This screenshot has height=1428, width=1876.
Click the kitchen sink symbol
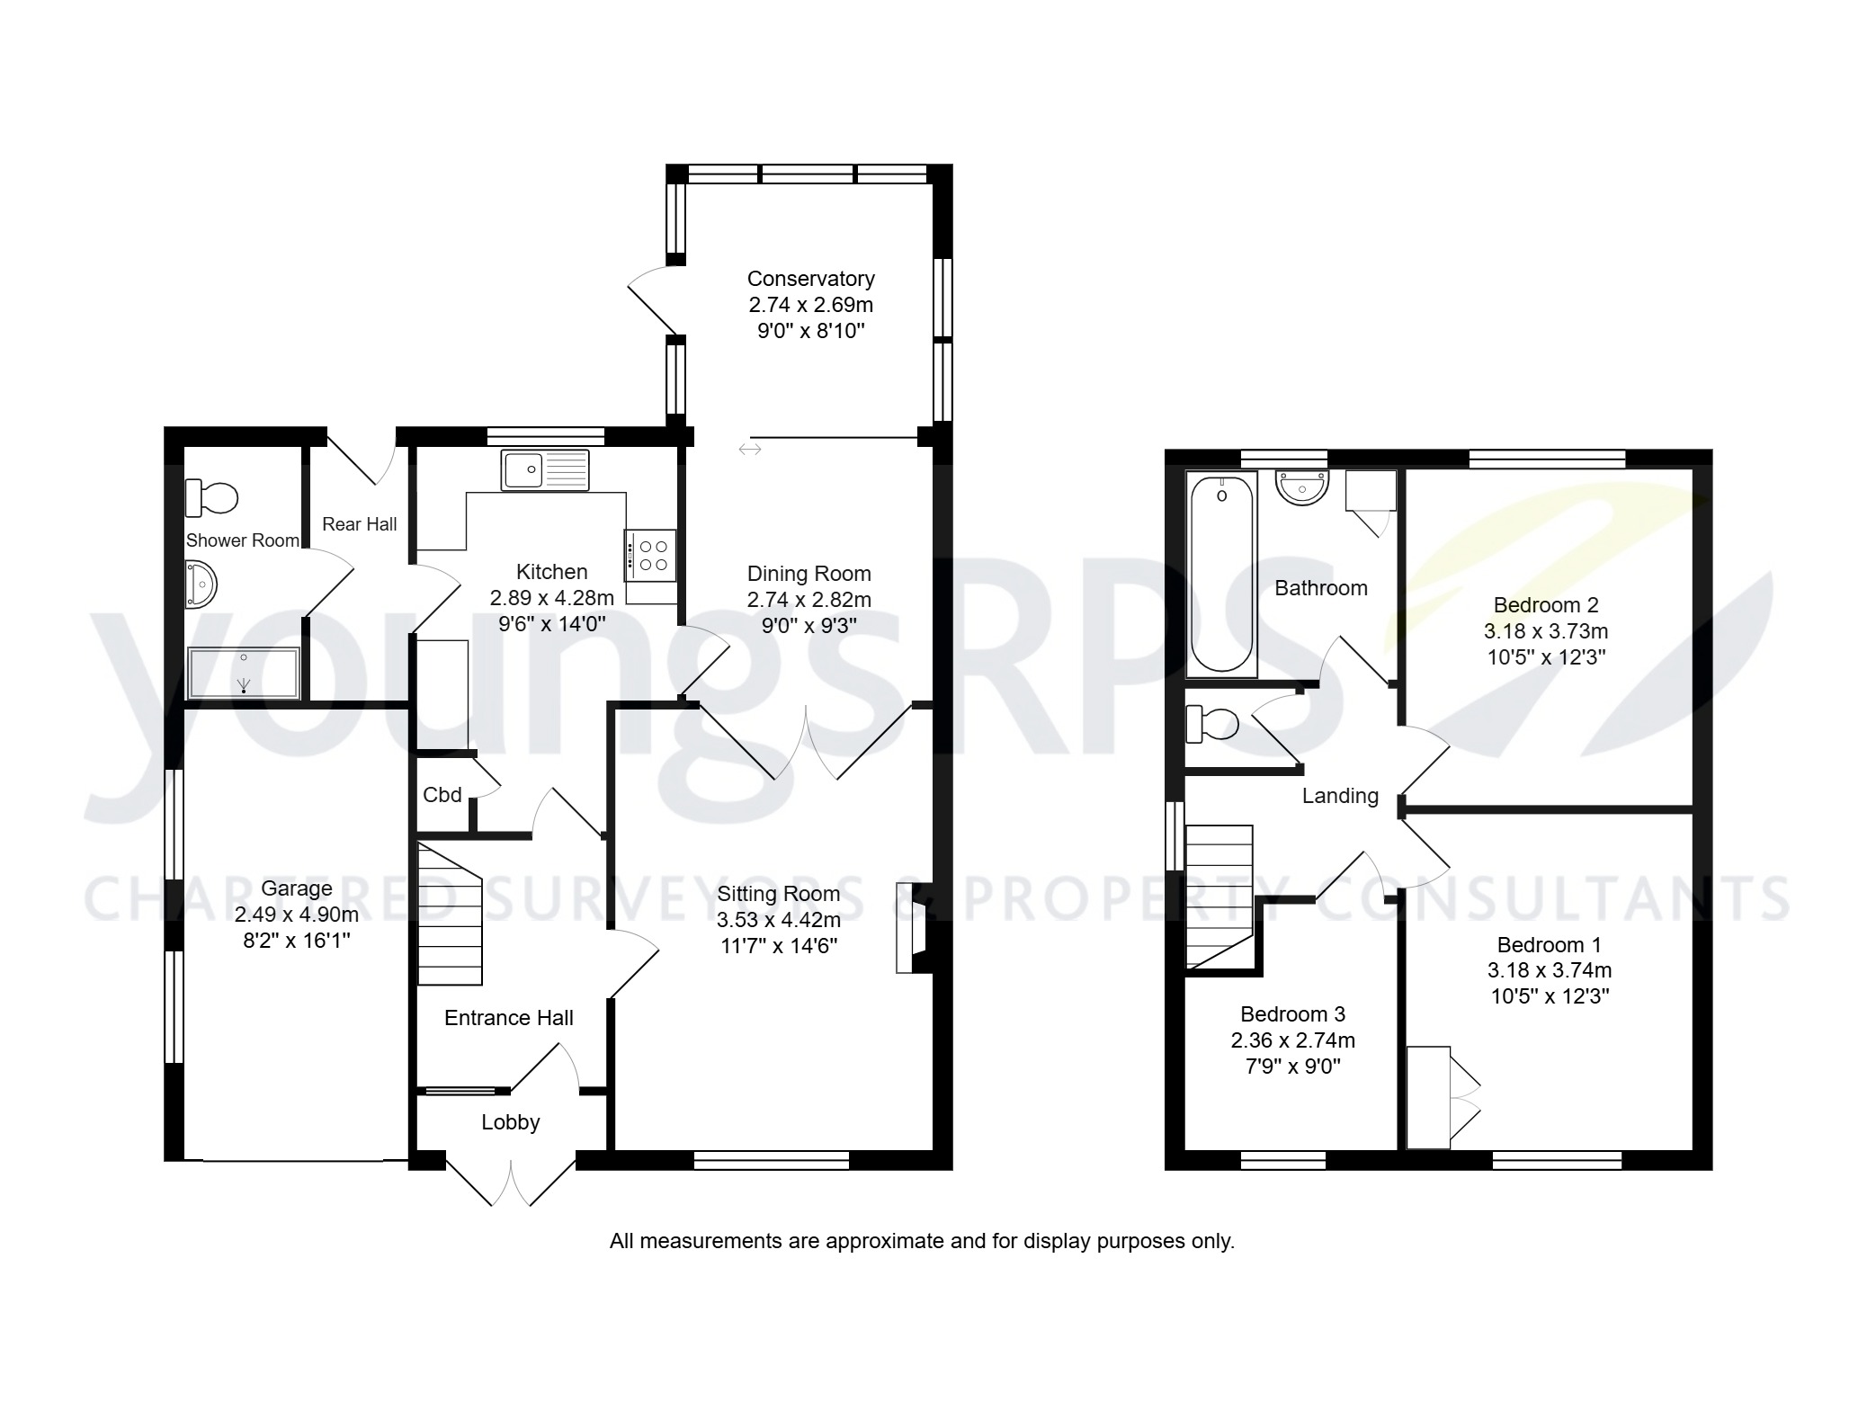pos(545,470)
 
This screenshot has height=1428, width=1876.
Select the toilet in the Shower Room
pos(212,497)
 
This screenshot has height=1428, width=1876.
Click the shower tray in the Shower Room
pos(243,673)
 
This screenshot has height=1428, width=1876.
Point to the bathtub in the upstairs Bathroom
pos(1221,575)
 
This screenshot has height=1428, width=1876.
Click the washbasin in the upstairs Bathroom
pos(1301,488)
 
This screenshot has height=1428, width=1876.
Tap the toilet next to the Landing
pos(1211,724)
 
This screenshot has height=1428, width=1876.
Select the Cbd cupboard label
pos(442,795)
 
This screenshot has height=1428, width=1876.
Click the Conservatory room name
pos(810,279)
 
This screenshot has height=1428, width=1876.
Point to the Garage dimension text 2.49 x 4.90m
pos(296,915)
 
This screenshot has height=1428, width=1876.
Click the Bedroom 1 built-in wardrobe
pos(1428,1097)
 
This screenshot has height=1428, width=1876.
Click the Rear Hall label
pos(359,524)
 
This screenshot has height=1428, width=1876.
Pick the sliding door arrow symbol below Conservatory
pos(750,449)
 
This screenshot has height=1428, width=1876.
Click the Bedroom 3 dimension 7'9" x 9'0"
pos(1292,1067)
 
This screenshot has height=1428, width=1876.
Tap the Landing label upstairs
pos(1340,796)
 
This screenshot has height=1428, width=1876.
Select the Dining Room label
pos(808,574)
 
